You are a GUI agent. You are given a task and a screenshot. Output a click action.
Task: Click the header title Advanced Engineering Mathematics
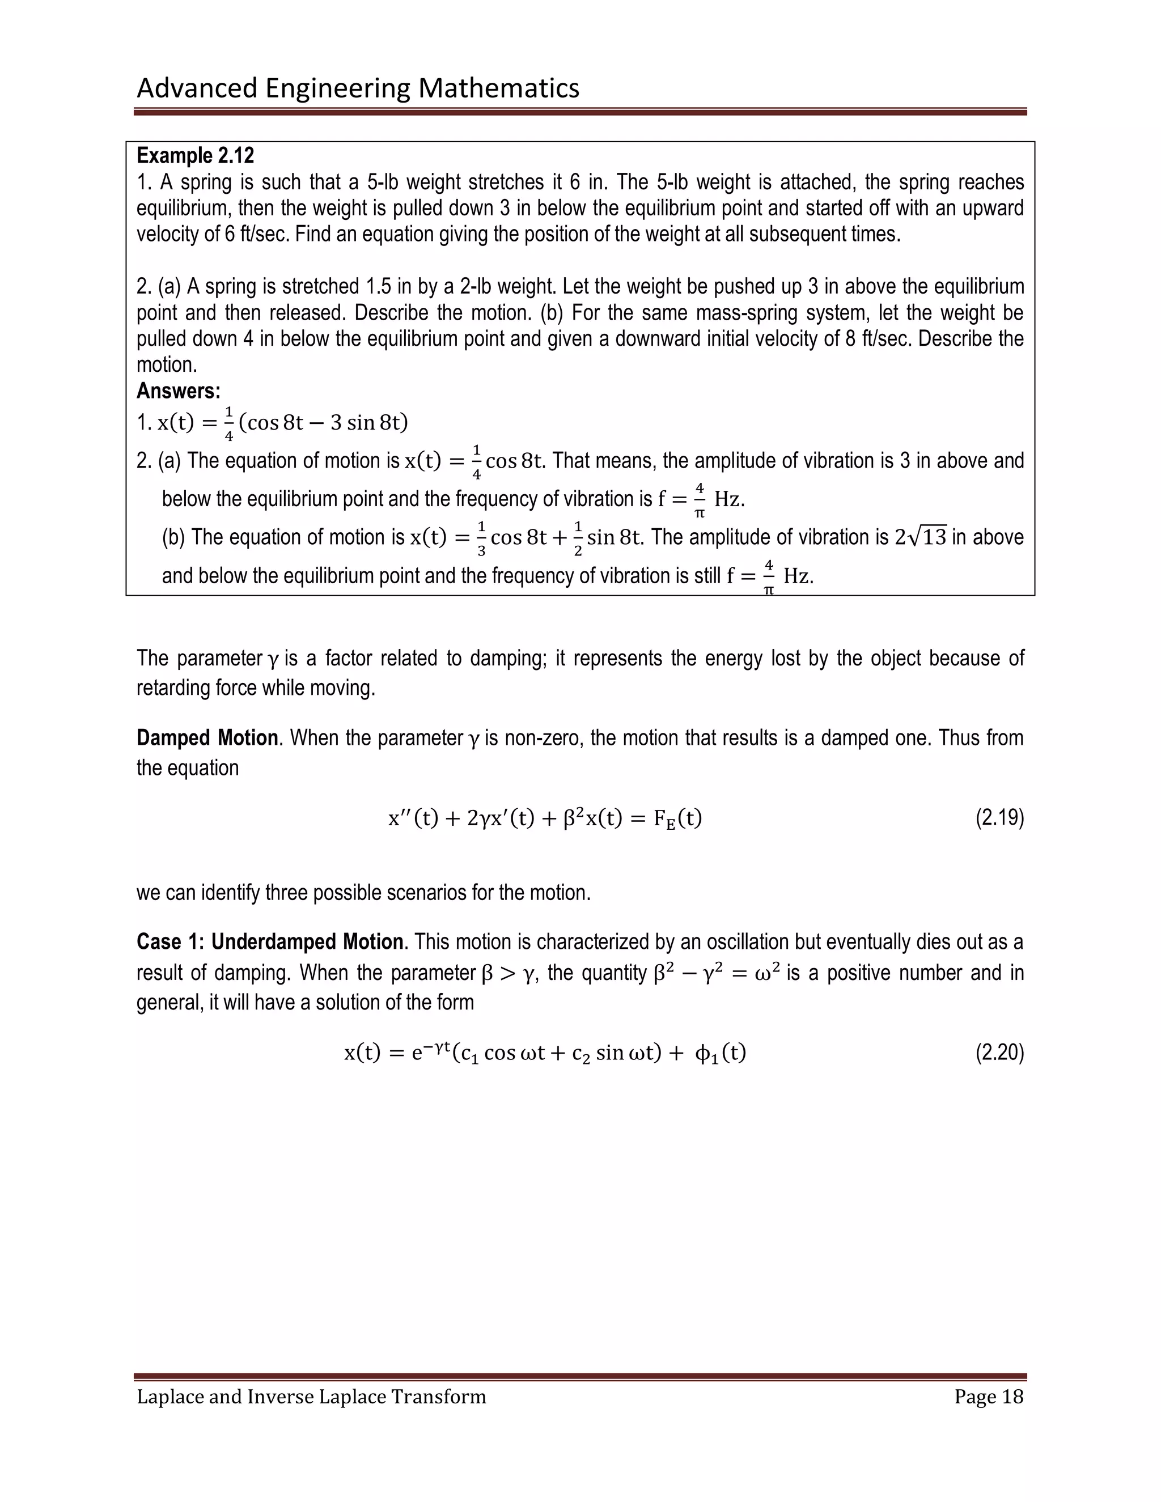pyautogui.click(x=358, y=88)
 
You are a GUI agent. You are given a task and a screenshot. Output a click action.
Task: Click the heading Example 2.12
pyautogui.click(x=196, y=155)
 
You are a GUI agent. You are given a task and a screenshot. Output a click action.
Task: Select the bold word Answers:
pyautogui.click(x=178, y=391)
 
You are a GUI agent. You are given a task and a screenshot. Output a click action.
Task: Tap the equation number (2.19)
pyautogui.click(x=999, y=818)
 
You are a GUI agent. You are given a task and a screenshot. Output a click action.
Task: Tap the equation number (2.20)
pyautogui.click(x=999, y=1053)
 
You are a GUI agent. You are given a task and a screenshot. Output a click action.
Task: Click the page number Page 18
pyautogui.click(x=988, y=1396)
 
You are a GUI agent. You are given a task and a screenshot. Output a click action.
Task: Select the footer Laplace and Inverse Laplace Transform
pyautogui.click(x=311, y=1396)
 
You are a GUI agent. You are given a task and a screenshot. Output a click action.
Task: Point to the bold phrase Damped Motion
pyautogui.click(x=206, y=738)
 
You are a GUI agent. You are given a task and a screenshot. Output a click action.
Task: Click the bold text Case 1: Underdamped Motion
pyautogui.click(x=270, y=941)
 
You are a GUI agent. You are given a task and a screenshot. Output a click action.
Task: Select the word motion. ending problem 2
pyautogui.click(x=167, y=364)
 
